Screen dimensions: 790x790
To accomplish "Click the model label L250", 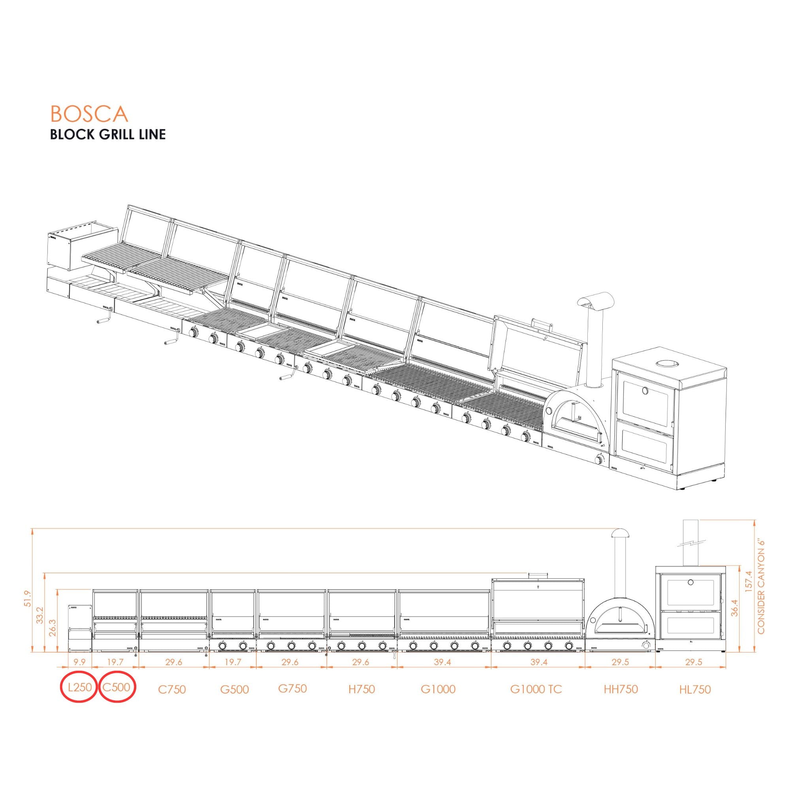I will pos(80,687).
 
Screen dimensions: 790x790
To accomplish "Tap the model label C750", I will pos(172,689).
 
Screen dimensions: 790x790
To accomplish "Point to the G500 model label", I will pos(234,689).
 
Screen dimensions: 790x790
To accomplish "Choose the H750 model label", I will pos(361,689).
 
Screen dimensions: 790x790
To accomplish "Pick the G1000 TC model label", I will pos(536,689).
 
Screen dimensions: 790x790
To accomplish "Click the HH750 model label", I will pos(621,689).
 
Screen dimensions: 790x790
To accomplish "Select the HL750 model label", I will pos(695,689).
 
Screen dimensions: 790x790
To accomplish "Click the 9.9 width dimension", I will pos(79,662).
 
